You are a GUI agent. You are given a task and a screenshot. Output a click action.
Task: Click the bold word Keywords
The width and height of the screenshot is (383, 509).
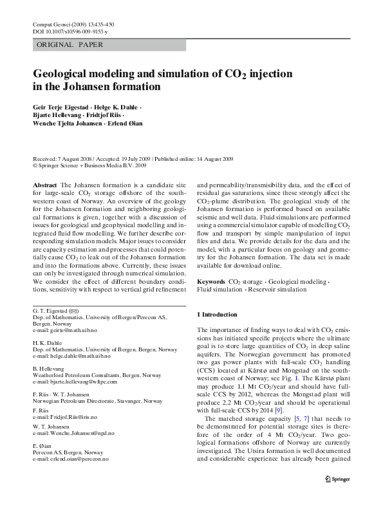210,282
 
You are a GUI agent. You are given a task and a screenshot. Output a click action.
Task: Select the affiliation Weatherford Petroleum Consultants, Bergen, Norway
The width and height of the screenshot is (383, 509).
97,375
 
